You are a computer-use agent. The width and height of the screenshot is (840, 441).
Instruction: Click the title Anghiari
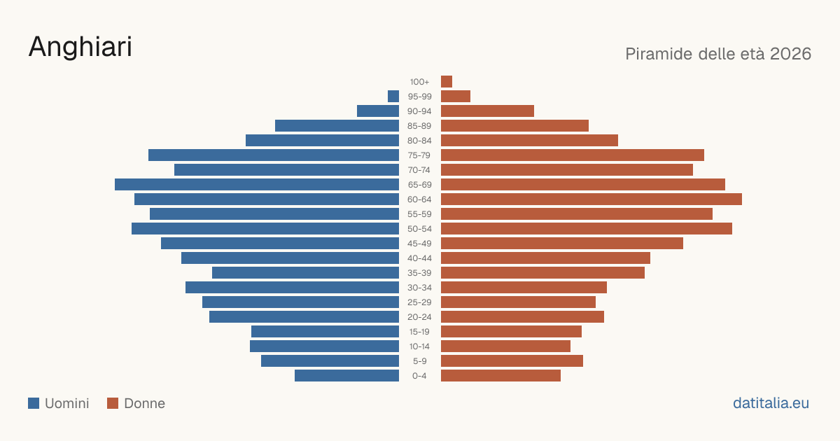tap(80, 47)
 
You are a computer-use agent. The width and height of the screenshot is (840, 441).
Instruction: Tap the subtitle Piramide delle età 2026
tap(718, 54)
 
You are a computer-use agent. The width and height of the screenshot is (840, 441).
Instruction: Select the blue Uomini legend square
tap(34, 403)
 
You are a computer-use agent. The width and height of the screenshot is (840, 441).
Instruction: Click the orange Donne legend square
tap(113, 403)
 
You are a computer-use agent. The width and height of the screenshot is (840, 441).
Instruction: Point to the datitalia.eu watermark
tap(771, 403)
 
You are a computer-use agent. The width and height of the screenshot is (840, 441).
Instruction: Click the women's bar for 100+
tap(447, 81)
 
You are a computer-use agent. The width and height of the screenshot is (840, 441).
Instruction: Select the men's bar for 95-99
tap(393, 97)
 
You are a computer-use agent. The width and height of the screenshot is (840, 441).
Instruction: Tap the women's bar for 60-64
tap(591, 199)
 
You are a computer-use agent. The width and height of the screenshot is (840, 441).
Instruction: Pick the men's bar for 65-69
tap(257, 185)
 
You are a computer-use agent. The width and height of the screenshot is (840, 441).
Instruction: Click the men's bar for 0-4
tap(347, 375)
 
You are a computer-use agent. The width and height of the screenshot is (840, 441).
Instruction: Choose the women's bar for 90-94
tap(487, 111)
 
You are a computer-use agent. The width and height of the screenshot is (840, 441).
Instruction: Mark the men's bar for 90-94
tap(378, 111)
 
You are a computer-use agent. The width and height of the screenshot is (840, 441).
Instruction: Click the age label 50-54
tap(419, 229)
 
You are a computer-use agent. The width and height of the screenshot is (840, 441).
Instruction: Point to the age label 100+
tap(419, 82)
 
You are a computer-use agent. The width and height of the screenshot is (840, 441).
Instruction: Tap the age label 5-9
tap(419, 361)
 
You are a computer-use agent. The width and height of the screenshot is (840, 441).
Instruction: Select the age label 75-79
tap(419, 155)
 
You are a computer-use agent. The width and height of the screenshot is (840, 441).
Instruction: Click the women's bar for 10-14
tap(505, 346)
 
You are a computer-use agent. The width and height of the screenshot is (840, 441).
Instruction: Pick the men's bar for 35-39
tap(306, 272)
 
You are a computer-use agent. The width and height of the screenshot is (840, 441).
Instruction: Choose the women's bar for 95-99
tap(456, 97)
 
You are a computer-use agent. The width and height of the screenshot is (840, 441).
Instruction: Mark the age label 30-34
tap(419, 288)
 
